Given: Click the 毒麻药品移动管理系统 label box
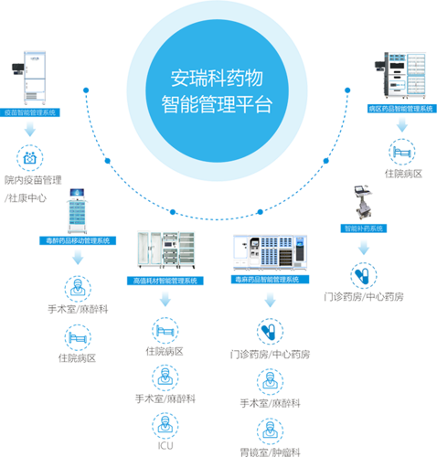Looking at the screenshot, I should [x=78, y=239].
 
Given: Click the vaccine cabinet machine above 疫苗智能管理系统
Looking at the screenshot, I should [x=30, y=73].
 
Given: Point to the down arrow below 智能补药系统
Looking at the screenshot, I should [x=363, y=246].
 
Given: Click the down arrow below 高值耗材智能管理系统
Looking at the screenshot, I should [x=165, y=298].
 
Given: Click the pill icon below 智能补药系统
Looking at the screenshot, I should [x=363, y=273].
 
